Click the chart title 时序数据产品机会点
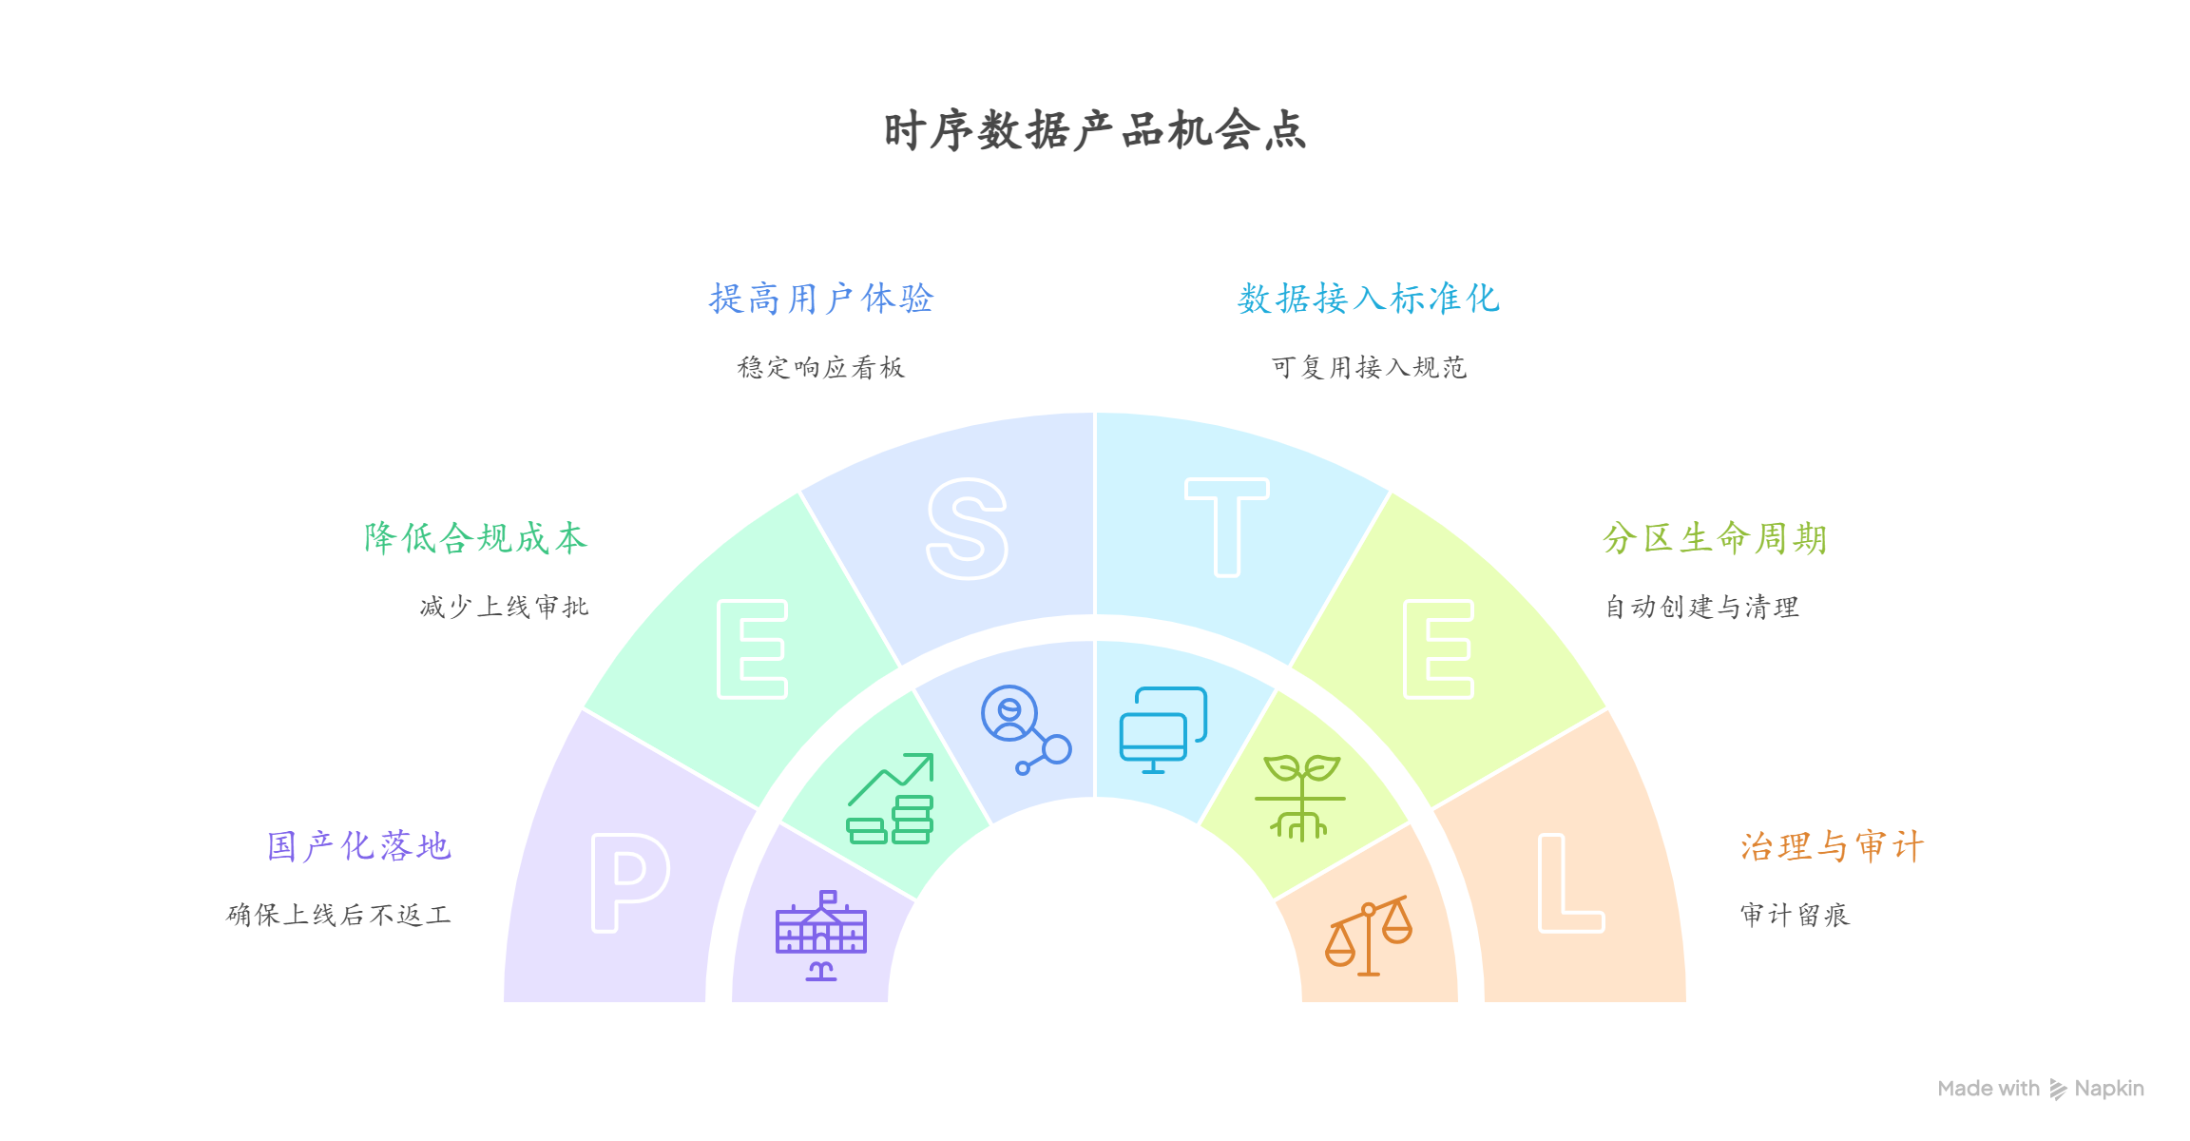1095,130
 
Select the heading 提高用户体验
821,299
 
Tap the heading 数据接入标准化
1369,299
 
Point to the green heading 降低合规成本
475,538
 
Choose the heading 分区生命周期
1715,538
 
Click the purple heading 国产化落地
358,846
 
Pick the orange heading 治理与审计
1832,846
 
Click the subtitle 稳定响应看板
821,368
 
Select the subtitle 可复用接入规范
1369,368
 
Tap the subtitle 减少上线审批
504,608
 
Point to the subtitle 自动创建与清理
1701,608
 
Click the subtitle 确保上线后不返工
338,916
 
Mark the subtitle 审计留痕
1795,916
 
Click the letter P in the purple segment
629,882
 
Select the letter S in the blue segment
967,529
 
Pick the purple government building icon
821,936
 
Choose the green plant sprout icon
1300,797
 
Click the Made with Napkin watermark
2040,1089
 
